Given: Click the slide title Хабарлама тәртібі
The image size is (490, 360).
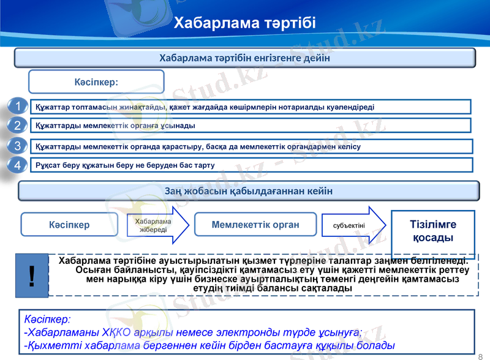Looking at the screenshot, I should [x=244, y=24].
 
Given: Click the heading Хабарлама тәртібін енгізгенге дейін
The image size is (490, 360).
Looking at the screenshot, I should [x=244, y=58].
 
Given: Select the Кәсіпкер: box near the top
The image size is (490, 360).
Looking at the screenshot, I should [x=97, y=81].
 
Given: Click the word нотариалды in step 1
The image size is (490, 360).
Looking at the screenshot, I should [x=297, y=107].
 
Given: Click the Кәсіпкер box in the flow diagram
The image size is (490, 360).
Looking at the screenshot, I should [x=69, y=225].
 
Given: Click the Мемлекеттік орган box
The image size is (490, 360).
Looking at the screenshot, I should [x=255, y=225].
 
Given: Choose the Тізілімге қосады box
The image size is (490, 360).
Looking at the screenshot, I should [x=432, y=230].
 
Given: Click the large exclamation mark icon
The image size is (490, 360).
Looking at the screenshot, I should [x=31, y=276].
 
